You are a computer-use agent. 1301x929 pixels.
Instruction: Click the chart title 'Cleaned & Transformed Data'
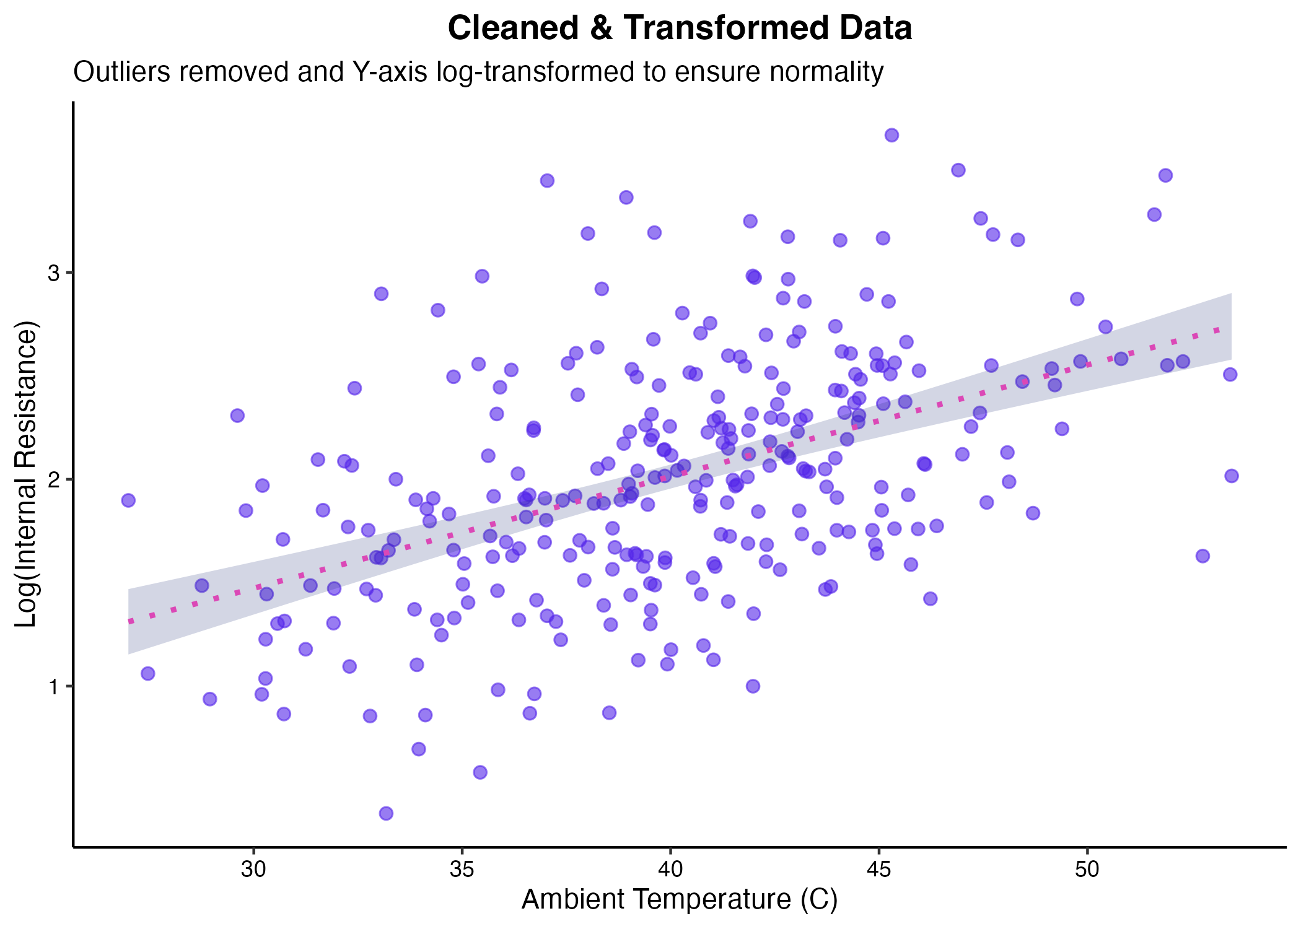click(x=680, y=28)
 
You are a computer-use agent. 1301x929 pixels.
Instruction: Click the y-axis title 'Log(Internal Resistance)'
click(x=26, y=474)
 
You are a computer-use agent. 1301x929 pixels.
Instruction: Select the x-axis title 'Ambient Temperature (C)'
click(x=680, y=899)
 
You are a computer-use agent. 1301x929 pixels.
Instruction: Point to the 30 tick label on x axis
click(x=253, y=869)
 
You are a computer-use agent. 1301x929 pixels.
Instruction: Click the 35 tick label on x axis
click(x=462, y=869)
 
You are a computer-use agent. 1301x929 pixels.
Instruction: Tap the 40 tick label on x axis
click(x=670, y=869)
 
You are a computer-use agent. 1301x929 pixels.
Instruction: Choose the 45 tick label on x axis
click(x=878, y=869)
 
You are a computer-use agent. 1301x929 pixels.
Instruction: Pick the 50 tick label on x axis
click(x=1087, y=869)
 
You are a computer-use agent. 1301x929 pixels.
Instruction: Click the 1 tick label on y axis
click(x=54, y=687)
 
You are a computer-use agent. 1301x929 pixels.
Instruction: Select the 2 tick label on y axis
click(x=54, y=480)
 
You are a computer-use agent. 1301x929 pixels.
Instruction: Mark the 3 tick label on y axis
click(x=54, y=273)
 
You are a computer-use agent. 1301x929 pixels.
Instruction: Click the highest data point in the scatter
click(x=891, y=135)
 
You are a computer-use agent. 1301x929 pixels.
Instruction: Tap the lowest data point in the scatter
click(x=386, y=813)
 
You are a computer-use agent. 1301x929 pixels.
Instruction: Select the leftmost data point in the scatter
click(x=128, y=500)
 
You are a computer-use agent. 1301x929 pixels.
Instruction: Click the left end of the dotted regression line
click(x=129, y=621)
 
